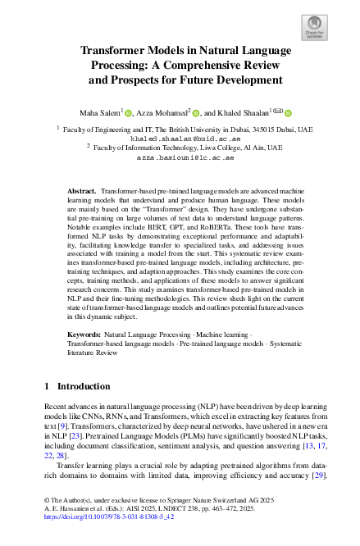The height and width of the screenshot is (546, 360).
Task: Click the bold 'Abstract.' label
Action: [82, 189]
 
